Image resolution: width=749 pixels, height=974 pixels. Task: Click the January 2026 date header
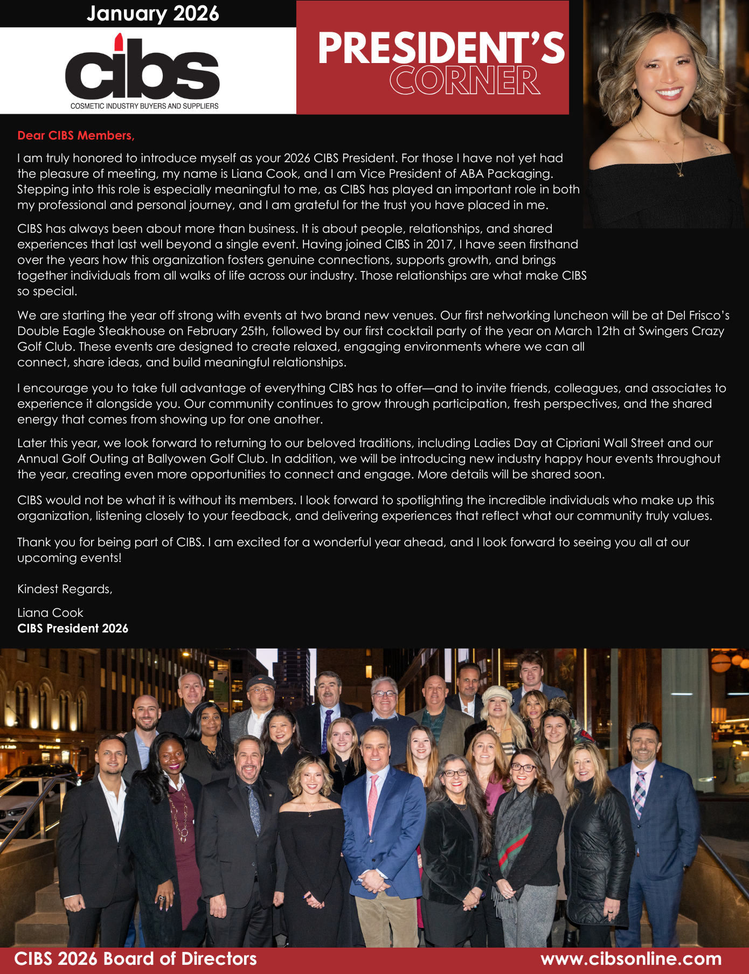(x=153, y=13)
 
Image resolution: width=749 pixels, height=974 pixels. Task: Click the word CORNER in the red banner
(x=464, y=81)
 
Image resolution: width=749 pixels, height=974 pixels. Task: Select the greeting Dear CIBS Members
(x=76, y=136)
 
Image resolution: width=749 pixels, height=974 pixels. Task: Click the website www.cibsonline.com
(x=631, y=959)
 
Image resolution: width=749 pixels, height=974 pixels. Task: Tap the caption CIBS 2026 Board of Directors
(x=135, y=959)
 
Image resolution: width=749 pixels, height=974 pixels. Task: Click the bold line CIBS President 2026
(x=73, y=628)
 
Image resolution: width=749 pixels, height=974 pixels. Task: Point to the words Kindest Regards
(x=65, y=589)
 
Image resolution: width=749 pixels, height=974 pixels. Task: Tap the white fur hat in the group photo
(x=497, y=695)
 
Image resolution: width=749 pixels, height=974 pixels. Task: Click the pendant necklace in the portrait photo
(x=680, y=172)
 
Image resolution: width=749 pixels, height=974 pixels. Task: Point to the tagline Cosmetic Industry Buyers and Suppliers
(x=144, y=106)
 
